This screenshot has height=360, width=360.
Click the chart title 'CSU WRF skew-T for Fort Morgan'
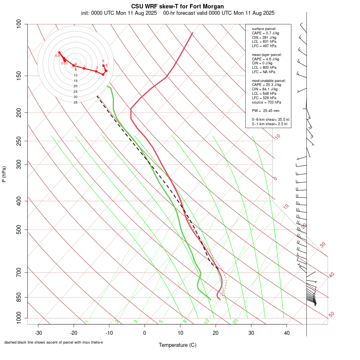click(178, 6)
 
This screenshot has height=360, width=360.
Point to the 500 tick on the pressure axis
click(19, 230)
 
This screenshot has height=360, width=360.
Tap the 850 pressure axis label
click(19, 297)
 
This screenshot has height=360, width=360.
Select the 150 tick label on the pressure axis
click(19, 76)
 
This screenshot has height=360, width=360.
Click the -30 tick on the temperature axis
click(38, 332)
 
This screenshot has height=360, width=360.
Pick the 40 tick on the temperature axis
click(287, 332)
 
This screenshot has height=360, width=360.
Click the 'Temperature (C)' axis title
click(178, 345)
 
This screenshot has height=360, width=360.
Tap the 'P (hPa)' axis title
click(4, 174)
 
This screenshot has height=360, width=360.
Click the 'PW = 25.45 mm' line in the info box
click(266, 111)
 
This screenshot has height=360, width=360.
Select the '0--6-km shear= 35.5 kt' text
click(270, 119)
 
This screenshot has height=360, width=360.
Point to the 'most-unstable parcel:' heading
click(269, 80)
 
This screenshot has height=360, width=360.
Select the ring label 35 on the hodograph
click(75, 102)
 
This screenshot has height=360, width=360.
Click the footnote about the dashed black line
click(54, 342)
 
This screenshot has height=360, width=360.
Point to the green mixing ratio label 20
click(235, 321)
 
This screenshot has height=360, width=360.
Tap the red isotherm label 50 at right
click(331, 315)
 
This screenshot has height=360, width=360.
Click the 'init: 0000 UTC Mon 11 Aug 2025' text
click(119, 13)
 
